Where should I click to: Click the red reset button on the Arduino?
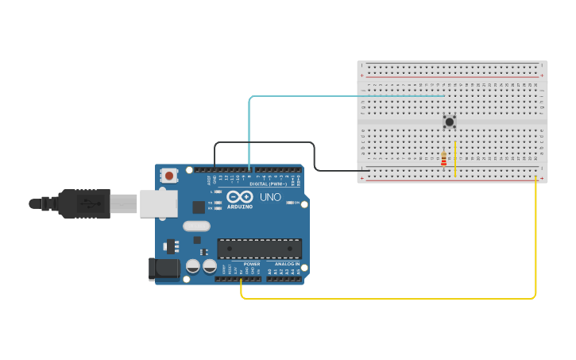pos(168,176)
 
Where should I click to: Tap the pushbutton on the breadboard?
pos(450,122)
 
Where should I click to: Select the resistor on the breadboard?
pos(443,160)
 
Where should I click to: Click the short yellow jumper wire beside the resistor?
pos(454,159)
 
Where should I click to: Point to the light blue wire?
pos(249,127)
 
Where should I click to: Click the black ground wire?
pos(315,155)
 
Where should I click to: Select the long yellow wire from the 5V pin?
pos(397,299)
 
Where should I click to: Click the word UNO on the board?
pos(270,197)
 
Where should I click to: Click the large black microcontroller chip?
pos(259,249)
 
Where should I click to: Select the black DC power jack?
pos(164,268)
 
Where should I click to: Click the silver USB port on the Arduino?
pos(158,203)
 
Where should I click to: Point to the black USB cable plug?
pos(83,203)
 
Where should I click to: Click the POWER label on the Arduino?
pos(252,264)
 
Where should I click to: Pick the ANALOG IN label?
pos(287,264)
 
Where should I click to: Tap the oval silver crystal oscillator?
pos(196,226)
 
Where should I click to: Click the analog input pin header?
pos(284,278)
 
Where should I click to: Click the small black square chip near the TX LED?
pos(198,207)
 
